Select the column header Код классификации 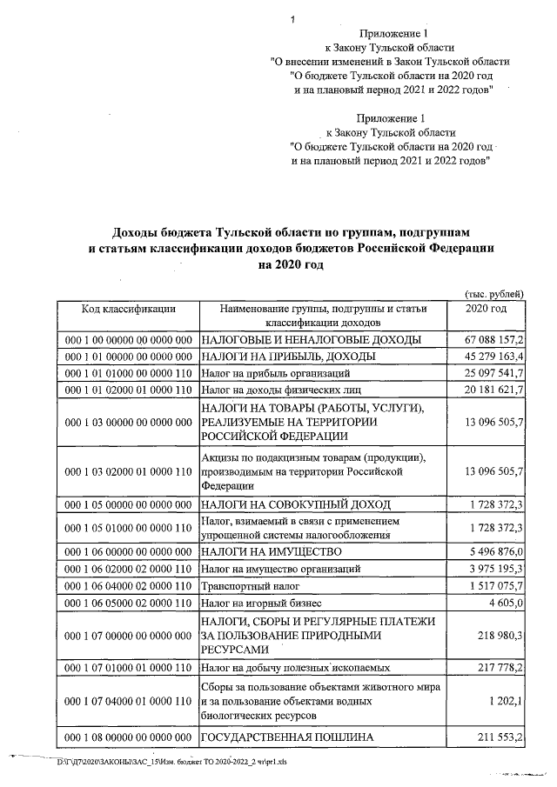[129, 309]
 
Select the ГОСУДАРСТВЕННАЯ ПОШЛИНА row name [287, 737]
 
